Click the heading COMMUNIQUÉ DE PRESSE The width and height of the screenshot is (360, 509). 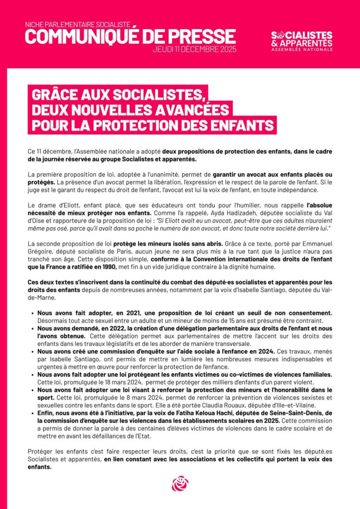(130, 36)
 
